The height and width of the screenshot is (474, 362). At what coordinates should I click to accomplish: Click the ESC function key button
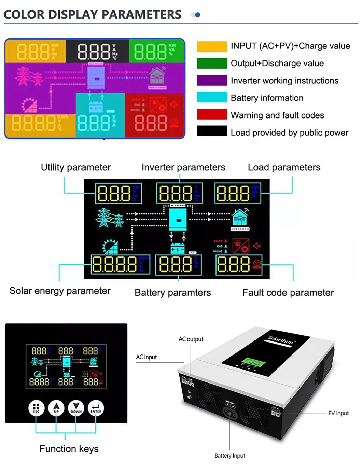point(36,408)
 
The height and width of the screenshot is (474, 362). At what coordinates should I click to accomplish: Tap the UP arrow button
point(56,408)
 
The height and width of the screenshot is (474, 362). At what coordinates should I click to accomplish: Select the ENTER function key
point(96,408)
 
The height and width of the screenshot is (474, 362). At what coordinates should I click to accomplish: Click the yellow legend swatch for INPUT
point(212,46)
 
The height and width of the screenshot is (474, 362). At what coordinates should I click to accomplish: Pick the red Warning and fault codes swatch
point(212,114)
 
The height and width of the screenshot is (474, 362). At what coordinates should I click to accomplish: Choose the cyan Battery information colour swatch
point(212,97)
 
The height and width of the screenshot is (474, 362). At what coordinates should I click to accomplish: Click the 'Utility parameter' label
point(76,167)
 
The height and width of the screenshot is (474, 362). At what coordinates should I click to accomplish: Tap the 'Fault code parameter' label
point(288,293)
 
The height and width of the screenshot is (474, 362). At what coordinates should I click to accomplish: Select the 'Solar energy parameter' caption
point(60,291)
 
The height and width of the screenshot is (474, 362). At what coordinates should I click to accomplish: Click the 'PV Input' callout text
point(338,413)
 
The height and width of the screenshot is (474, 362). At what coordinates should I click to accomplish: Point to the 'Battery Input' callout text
point(230,456)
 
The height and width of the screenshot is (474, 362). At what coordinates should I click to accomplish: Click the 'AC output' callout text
point(191,339)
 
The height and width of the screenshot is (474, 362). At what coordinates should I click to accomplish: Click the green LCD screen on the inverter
point(253,362)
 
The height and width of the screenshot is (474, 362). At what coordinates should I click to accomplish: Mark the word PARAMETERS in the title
point(141,15)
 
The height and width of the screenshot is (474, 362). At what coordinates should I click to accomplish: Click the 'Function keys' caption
point(69,449)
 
